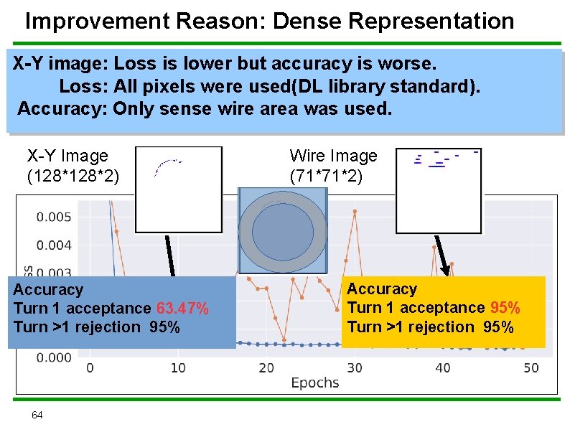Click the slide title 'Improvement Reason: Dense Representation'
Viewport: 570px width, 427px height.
click(269, 21)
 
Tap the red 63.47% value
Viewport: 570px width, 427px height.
click(182, 309)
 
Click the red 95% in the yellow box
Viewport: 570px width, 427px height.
click(505, 308)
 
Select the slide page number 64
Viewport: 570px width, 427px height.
click(37, 415)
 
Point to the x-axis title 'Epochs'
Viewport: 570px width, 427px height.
click(314, 383)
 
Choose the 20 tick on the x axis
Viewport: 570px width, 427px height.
click(266, 368)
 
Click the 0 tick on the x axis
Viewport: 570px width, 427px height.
click(90, 368)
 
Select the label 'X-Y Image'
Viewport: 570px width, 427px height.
click(67, 156)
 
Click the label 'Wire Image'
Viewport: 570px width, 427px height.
click(333, 156)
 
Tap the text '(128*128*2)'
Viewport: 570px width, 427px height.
click(73, 175)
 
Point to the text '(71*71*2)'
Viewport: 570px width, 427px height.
click(327, 175)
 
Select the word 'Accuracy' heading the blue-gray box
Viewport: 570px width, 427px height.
click(48, 290)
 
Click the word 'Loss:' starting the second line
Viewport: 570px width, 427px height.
click(83, 87)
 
